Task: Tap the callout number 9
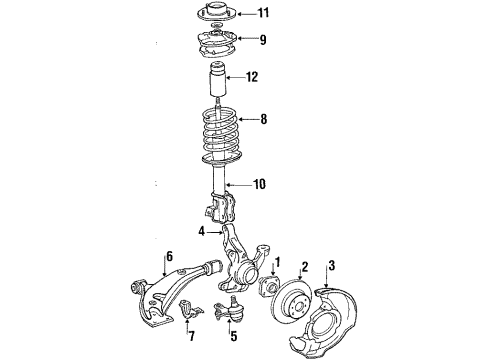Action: pos(263,41)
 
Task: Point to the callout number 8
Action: pos(264,119)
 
